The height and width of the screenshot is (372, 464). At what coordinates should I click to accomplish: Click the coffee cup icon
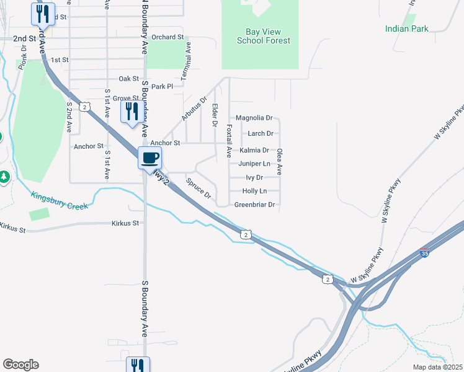tap(150, 157)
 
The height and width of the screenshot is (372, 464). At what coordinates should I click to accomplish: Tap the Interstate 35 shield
tap(424, 254)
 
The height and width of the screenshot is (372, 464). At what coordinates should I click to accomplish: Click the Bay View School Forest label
tap(263, 36)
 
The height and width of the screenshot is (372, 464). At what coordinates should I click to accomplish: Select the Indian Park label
tap(406, 29)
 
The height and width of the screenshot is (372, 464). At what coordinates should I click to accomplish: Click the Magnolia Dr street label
tap(254, 118)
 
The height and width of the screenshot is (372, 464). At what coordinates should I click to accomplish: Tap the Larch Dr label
tap(261, 133)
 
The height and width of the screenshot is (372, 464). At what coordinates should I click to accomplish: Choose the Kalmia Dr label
tap(254, 150)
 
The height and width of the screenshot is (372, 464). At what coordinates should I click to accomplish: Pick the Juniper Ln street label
tap(254, 164)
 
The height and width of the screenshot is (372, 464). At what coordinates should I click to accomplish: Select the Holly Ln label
tap(254, 191)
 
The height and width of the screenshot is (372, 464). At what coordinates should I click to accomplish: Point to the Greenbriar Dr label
tap(254, 205)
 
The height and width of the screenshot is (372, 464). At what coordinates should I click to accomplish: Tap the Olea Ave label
tap(280, 161)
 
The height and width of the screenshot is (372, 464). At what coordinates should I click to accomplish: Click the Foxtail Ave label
tap(229, 140)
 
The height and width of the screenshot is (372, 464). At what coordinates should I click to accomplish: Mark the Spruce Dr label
tap(199, 190)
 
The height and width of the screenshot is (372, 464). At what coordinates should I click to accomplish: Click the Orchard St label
tap(167, 37)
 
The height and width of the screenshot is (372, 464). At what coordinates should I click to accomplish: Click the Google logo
tap(20, 365)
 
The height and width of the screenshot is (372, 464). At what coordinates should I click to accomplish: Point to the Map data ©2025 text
tap(438, 367)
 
